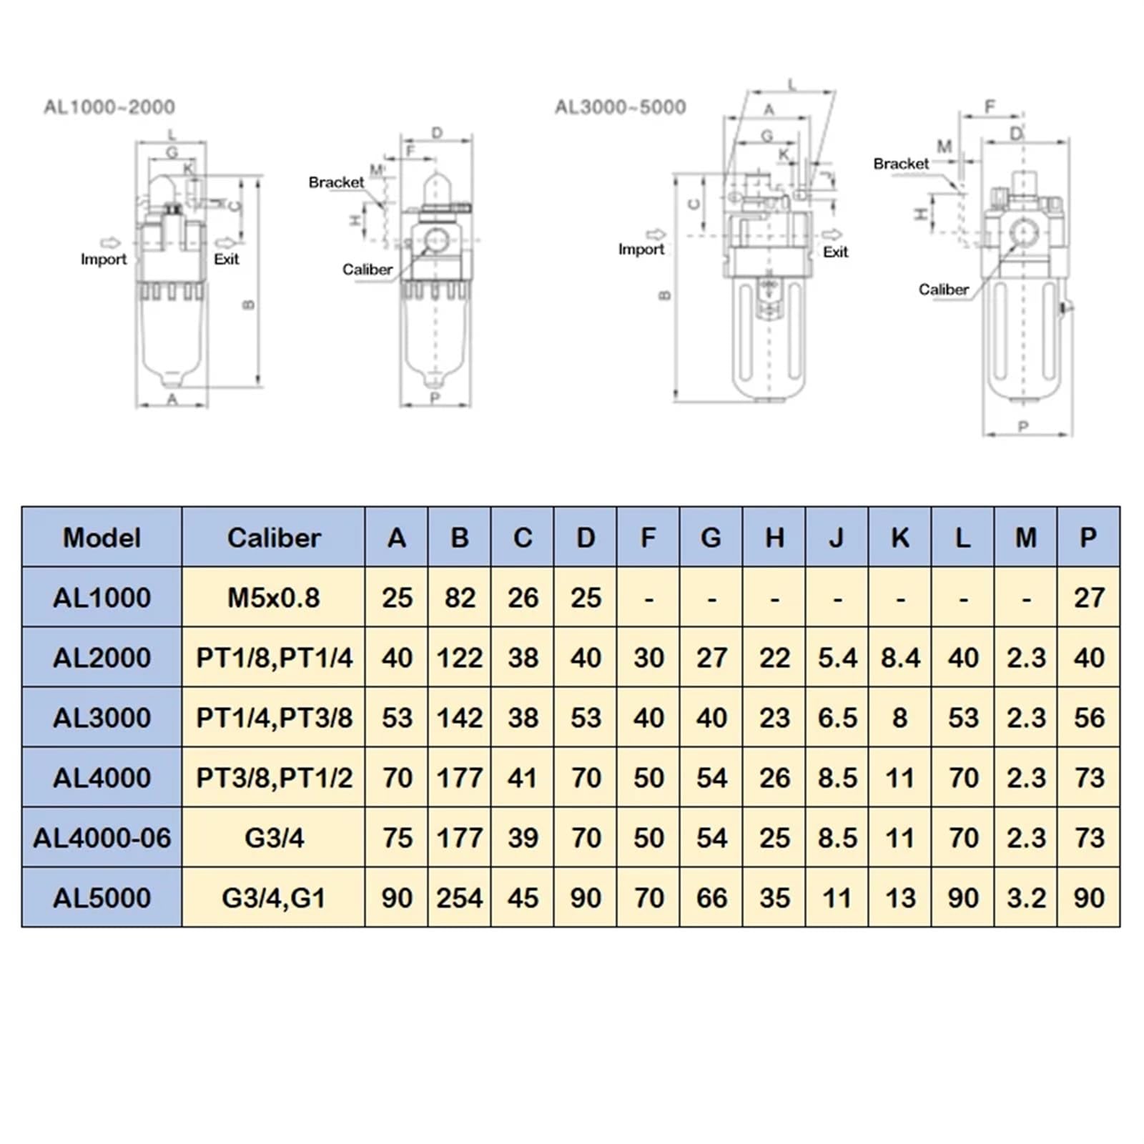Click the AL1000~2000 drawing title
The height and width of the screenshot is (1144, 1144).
tap(109, 107)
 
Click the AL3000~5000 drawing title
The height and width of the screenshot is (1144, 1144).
tap(620, 107)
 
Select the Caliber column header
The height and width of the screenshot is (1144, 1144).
tap(274, 538)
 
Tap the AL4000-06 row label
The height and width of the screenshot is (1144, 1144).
tap(102, 837)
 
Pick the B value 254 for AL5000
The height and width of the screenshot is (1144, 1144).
tap(460, 897)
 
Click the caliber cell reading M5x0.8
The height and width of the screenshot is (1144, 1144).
tap(274, 598)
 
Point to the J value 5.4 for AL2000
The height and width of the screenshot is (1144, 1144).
tap(837, 658)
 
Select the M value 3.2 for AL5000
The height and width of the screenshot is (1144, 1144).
tap(1026, 897)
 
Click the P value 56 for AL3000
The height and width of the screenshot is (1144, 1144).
tap(1089, 718)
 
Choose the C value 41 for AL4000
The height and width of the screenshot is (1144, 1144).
tap(523, 777)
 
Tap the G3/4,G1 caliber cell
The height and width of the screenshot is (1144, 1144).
tap(274, 897)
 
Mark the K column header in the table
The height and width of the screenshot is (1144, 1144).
tap(900, 538)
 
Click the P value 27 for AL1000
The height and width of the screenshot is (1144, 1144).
tap(1089, 598)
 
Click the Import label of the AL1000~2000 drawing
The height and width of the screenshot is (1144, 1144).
tap(104, 260)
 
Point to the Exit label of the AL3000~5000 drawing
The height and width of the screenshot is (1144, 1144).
tap(835, 252)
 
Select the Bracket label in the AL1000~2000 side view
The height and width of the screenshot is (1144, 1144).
tap(336, 182)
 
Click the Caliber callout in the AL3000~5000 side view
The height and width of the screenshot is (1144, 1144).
tap(943, 290)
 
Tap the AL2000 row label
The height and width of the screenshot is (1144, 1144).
tap(102, 658)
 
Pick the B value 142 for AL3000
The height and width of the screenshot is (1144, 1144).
tap(460, 718)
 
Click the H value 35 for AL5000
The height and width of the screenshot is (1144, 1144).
tap(774, 897)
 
